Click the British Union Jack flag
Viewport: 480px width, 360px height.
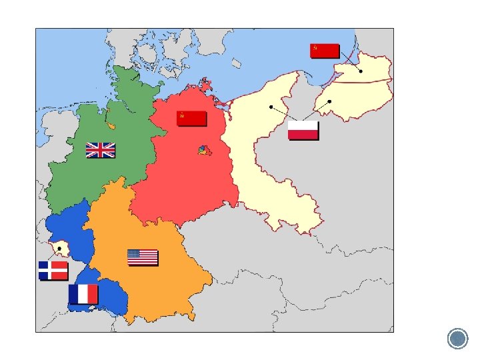point(100,151)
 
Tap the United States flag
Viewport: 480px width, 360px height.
point(142,257)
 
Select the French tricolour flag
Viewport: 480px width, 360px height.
point(83,294)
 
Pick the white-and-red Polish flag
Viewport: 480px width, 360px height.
point(303,131)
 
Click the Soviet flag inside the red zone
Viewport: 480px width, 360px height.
point(191,119)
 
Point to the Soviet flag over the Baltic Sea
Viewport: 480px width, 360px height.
point(325,51)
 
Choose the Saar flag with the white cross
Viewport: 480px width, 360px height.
point(53,270)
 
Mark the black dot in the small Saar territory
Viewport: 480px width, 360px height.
point(59,249)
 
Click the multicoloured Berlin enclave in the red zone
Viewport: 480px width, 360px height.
point(203,151)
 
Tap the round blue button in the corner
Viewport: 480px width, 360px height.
point(457,339)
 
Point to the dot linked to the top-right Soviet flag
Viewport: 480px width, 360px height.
point(360,71)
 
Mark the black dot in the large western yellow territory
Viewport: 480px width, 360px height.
point(271,107)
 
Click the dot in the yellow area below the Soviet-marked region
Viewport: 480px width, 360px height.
point(329,101)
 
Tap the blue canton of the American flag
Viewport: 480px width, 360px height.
point(134,254)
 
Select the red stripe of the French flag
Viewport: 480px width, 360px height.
point(93,294)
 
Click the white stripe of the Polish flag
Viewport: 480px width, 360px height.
point(303,127)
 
